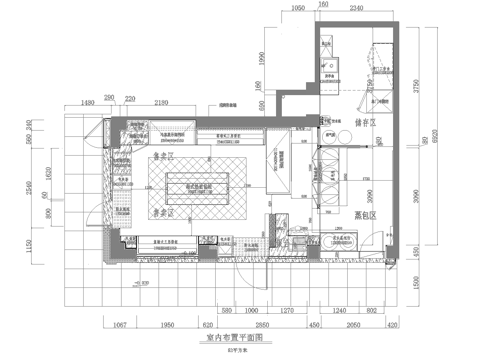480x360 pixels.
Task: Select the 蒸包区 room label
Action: point(366,216)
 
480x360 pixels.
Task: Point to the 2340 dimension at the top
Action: point(358,7)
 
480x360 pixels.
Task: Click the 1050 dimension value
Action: point(297,7)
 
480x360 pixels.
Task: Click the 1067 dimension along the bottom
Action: point(118,325)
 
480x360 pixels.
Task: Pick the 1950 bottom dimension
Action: point(168,325)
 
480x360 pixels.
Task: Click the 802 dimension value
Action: point(370,310)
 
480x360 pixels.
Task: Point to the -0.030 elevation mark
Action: point(146,283)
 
